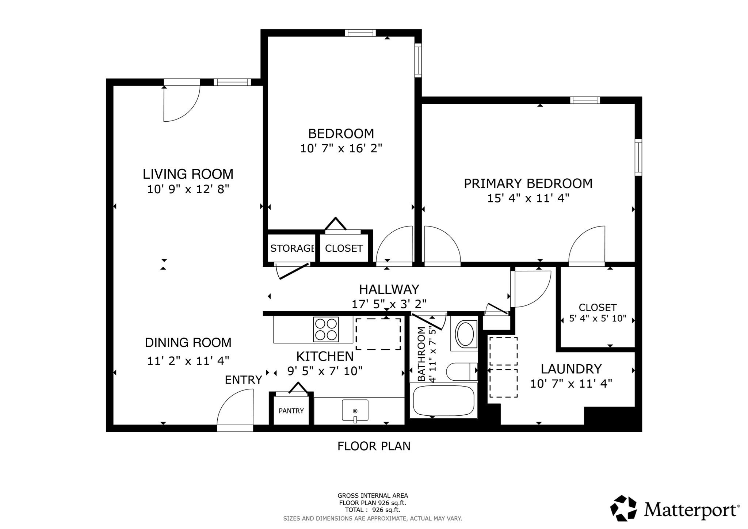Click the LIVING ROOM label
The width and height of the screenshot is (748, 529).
188,174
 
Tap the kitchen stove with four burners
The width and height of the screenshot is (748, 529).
326,329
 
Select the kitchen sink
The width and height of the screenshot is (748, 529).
355,410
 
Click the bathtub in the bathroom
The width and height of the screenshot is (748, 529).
443,401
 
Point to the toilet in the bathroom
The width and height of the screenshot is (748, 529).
462,372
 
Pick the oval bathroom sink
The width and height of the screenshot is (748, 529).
465,334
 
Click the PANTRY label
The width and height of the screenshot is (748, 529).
291,411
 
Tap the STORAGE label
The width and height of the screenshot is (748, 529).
292,248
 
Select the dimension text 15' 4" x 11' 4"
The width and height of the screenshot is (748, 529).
528,198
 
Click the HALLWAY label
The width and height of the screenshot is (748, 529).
389,289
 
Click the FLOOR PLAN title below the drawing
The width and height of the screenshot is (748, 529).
374,446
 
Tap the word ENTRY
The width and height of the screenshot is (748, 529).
243,380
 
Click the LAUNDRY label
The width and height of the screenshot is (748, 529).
571,369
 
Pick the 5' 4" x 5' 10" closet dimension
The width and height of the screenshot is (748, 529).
598,319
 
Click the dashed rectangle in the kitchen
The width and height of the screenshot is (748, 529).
378,334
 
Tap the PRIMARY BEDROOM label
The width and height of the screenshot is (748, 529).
528,183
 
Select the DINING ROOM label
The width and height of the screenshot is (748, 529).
188,343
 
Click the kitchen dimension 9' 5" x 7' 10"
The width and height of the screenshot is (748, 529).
325,371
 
